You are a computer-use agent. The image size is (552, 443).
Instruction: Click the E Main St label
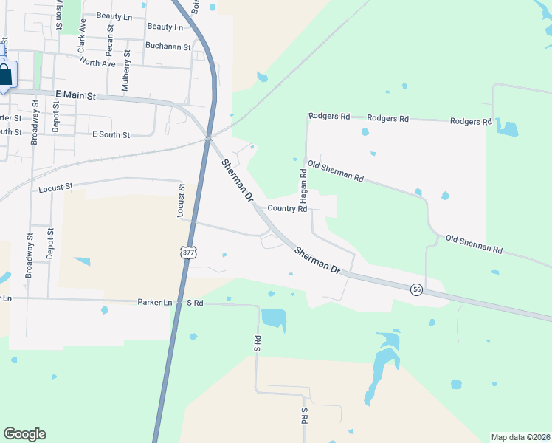tap(76, 95)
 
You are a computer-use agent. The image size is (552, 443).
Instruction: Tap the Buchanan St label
tap(165, 45)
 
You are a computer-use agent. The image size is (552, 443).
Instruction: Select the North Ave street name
tap(98, 63)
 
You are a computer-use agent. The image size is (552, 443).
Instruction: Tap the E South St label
tap(111, 135)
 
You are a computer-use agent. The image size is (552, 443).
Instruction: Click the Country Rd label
tap(287, 209)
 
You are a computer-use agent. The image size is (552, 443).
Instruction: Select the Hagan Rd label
tap(303, 185)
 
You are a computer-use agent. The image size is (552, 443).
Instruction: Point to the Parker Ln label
tap(155, 302)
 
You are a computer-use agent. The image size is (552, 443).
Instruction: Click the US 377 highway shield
tap(188, 253)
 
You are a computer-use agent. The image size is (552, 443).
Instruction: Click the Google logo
tap(25, 433)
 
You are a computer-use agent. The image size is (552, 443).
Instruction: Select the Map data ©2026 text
tap(520, 437)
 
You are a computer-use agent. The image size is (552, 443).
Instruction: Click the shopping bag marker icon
tap(5, 75)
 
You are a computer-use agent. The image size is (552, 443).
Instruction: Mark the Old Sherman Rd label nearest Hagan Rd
tap(336, 172)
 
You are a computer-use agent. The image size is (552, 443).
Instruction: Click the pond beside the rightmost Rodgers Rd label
tap(508, 128)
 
